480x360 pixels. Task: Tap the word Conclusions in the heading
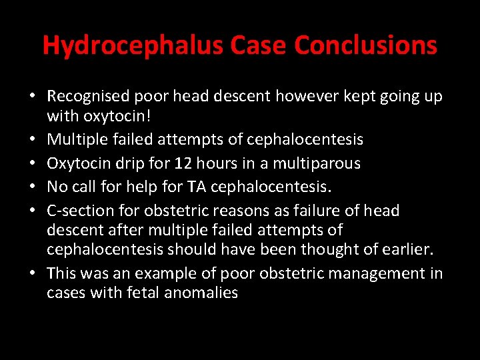[365, 45]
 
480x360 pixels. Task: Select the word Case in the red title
[257, 45]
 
